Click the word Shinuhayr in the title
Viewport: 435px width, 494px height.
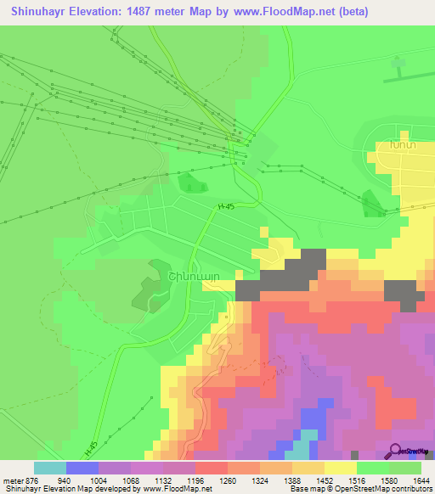(40, 11)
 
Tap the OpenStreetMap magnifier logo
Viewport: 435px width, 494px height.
(396, 450)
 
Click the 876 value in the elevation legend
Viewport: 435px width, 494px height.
(31, 480)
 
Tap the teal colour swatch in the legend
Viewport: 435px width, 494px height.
(50, 468)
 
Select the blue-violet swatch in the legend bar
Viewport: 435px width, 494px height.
(82, 468)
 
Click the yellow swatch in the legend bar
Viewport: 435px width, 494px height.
(341, 468)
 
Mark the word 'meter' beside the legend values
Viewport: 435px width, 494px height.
(12, 480)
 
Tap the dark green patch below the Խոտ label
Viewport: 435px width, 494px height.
(372, 204)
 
